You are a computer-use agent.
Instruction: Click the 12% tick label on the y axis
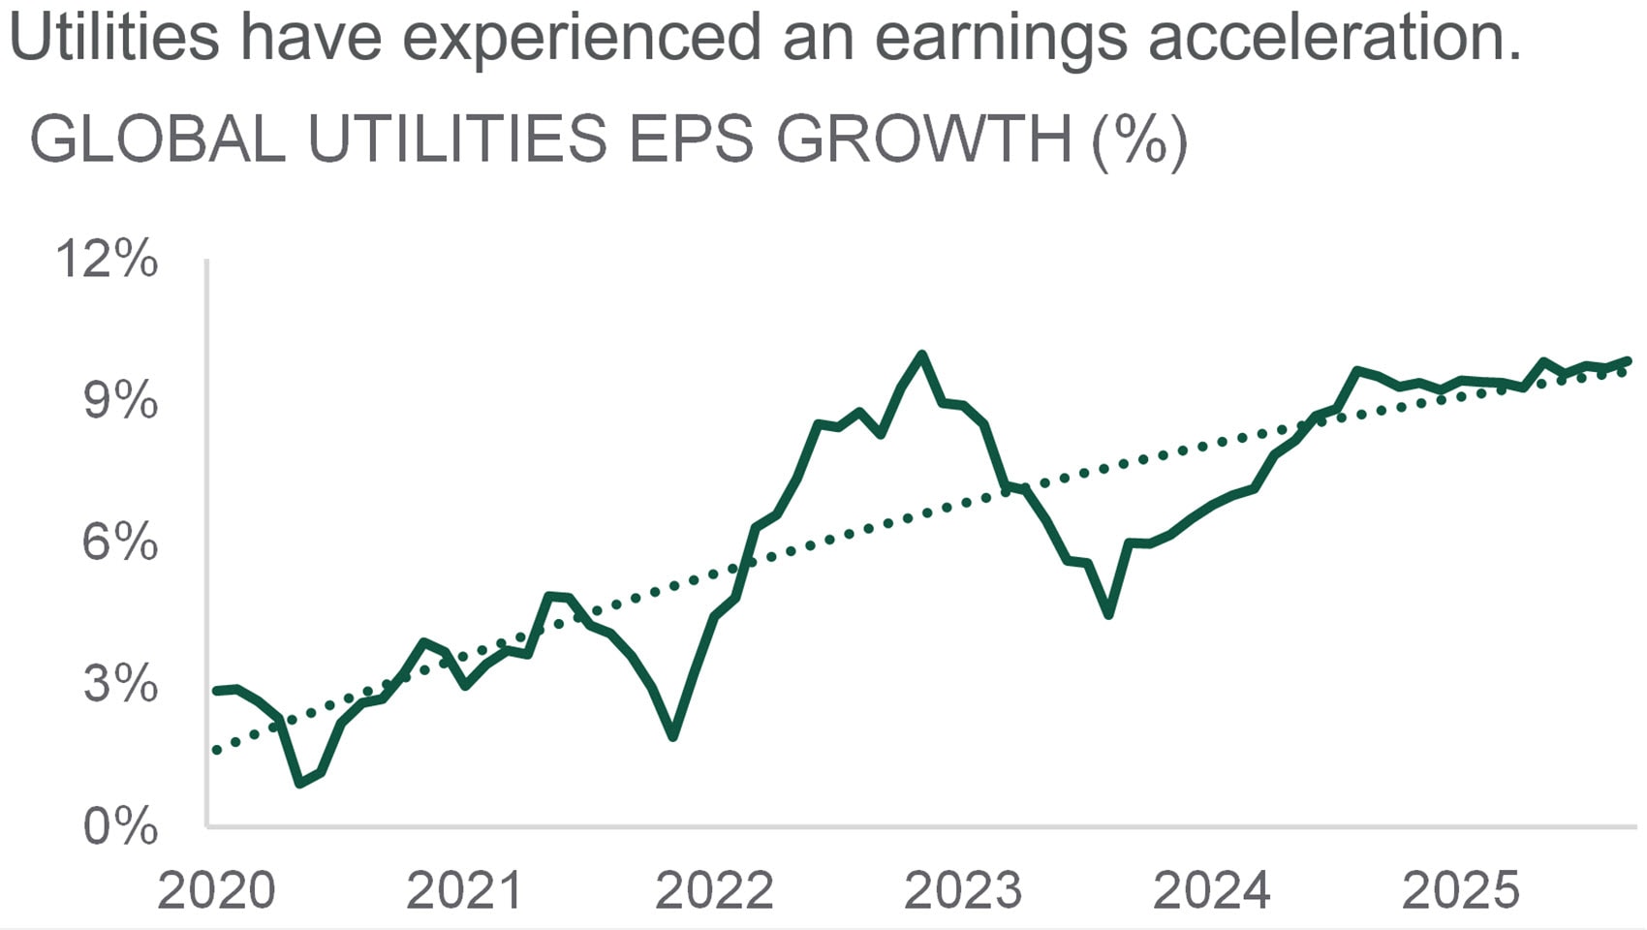pyautogui.click(x=107, y=260)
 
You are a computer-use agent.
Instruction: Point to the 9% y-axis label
pyautogui.click(x=120, y=401)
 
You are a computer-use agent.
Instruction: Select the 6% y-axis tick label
pyautogui.click(x=120, y=542)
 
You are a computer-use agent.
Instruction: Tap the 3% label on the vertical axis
pyautogui.click(x=120, y=684)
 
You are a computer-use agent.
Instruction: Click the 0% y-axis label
pyautogui.click(x=120, y=826)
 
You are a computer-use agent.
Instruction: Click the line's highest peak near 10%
pyautogui.click(x=921, y=355)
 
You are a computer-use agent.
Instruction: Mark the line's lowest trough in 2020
pyautogui.click(x=300, y=783)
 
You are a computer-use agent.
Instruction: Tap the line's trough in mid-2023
pyautogui.click(x=1108, y=614)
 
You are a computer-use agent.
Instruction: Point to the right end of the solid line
pyautogui.click(x=1628, y=360)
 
